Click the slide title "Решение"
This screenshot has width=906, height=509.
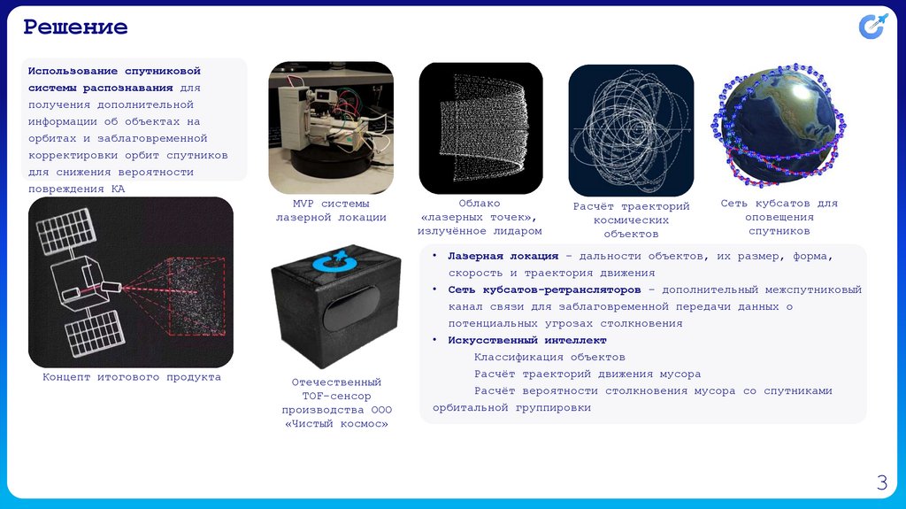pos(75,27)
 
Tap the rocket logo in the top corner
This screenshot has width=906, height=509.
pos(872,26)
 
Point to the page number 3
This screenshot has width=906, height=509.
pos(882,482)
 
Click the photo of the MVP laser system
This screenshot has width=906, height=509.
pos(331,127)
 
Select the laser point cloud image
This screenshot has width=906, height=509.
pos(480,127)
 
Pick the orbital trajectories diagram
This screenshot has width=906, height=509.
pos(631,130)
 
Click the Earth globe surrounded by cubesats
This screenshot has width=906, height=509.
pos(779,126)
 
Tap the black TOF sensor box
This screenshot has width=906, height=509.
pos(336,306)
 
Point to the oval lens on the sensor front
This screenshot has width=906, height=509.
pos(351,308)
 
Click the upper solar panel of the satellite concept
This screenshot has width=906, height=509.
pos(65,232)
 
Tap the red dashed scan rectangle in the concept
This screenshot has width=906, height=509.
pos(196,297)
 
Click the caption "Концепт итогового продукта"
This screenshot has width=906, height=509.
pos(132,377)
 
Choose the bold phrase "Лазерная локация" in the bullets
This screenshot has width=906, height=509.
pos(503,256)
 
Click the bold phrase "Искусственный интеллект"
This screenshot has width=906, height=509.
pos(527,340)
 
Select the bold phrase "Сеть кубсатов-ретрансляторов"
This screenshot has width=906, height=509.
pos(544,289)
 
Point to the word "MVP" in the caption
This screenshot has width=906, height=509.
pos(303,204)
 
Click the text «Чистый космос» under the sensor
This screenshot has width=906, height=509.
pos(336,424)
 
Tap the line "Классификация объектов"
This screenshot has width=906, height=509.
pos(549,358)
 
